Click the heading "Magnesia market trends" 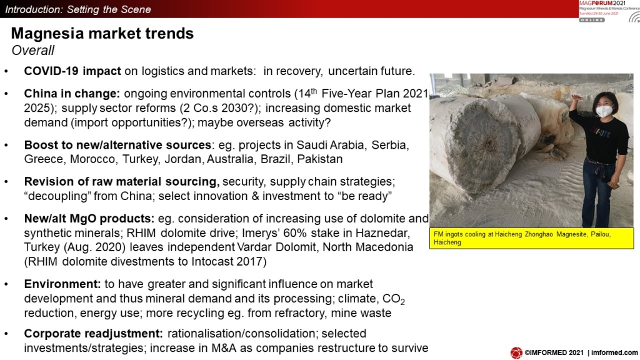102,34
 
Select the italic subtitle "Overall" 32,50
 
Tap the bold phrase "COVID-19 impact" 72,71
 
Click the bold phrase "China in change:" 72,94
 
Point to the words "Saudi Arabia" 330,145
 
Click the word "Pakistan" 319,159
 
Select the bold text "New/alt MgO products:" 89,219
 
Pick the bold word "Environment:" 62,284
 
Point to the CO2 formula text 394,299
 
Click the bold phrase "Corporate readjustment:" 94,334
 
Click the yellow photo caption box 531,238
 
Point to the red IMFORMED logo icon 516,352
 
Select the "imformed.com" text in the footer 614,352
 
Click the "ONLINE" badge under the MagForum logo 592,19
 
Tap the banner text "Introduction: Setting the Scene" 78,9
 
